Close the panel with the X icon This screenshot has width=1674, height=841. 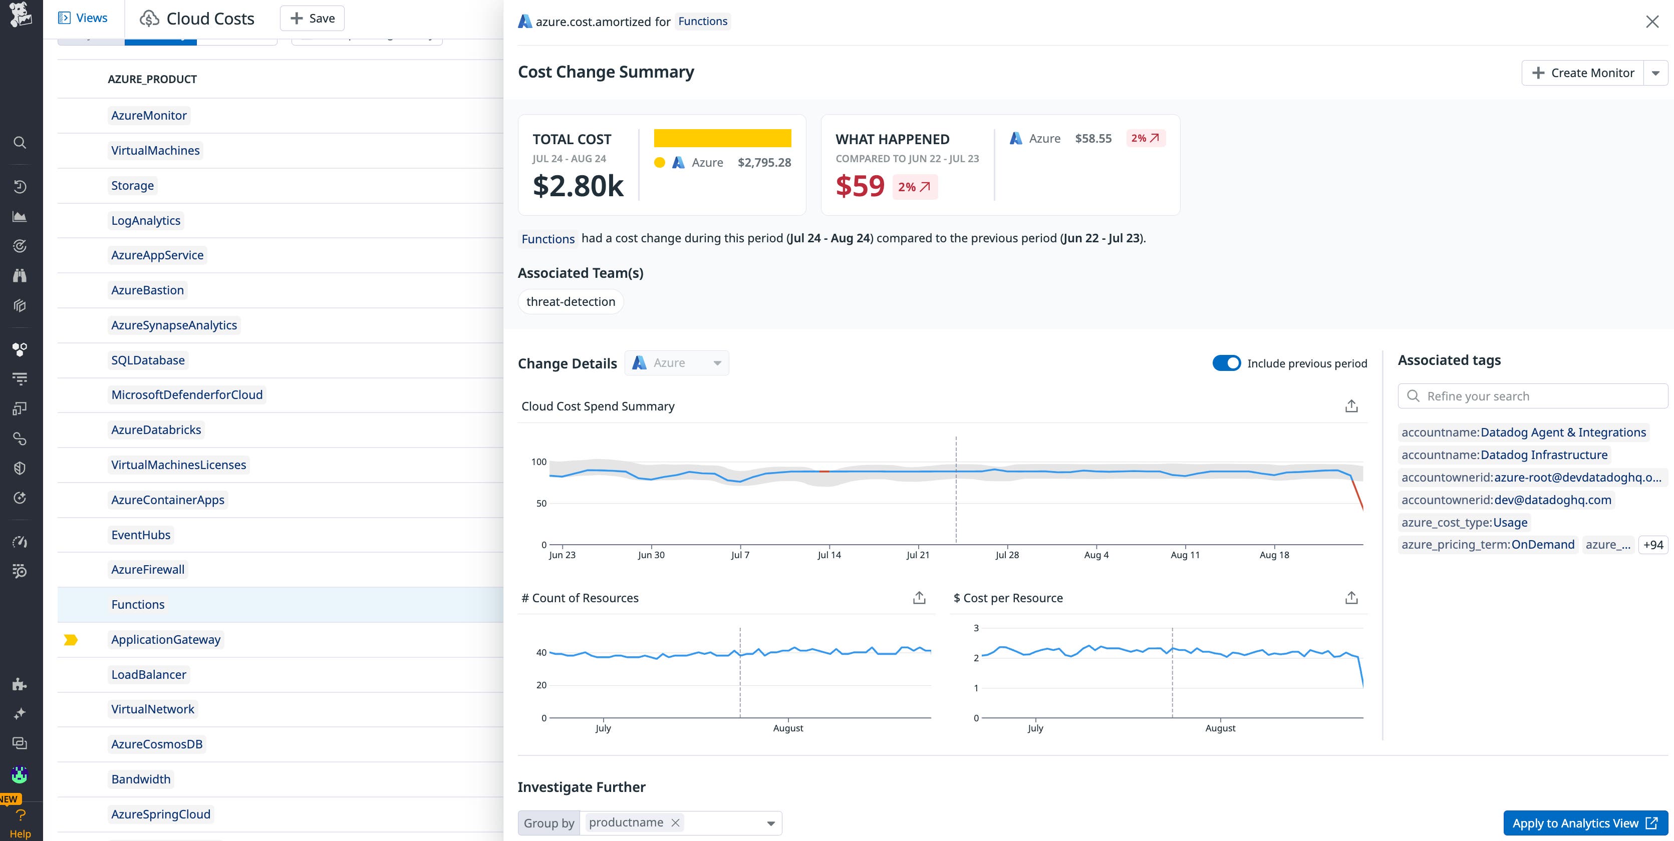click(1652, 22)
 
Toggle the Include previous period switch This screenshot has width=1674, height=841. click(1226, 363)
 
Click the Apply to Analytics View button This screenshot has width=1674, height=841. click(1584, 823)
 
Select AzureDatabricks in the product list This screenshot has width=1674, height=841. click(156, 430)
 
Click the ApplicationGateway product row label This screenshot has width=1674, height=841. click(166, 640)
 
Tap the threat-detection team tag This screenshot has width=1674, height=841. click(570, 302)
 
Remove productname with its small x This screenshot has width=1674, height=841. click(675, 823)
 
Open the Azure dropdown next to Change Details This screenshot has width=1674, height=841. click(677, 363)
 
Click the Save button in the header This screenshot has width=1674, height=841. click(312, 18)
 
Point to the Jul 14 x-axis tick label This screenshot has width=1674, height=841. click(828, 555)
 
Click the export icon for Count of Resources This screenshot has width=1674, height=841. click(918, 598)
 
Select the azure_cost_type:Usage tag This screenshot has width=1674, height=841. click(1464, 522)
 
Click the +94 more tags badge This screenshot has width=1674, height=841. click(1652, 545)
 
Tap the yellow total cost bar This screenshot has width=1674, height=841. click(722, 138)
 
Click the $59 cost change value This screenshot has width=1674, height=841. click(860, 186)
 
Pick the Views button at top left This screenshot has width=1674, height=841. click(83, 18)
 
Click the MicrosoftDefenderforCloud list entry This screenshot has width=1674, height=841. click(186, 395)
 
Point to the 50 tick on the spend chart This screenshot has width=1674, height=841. click(540, 503)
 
